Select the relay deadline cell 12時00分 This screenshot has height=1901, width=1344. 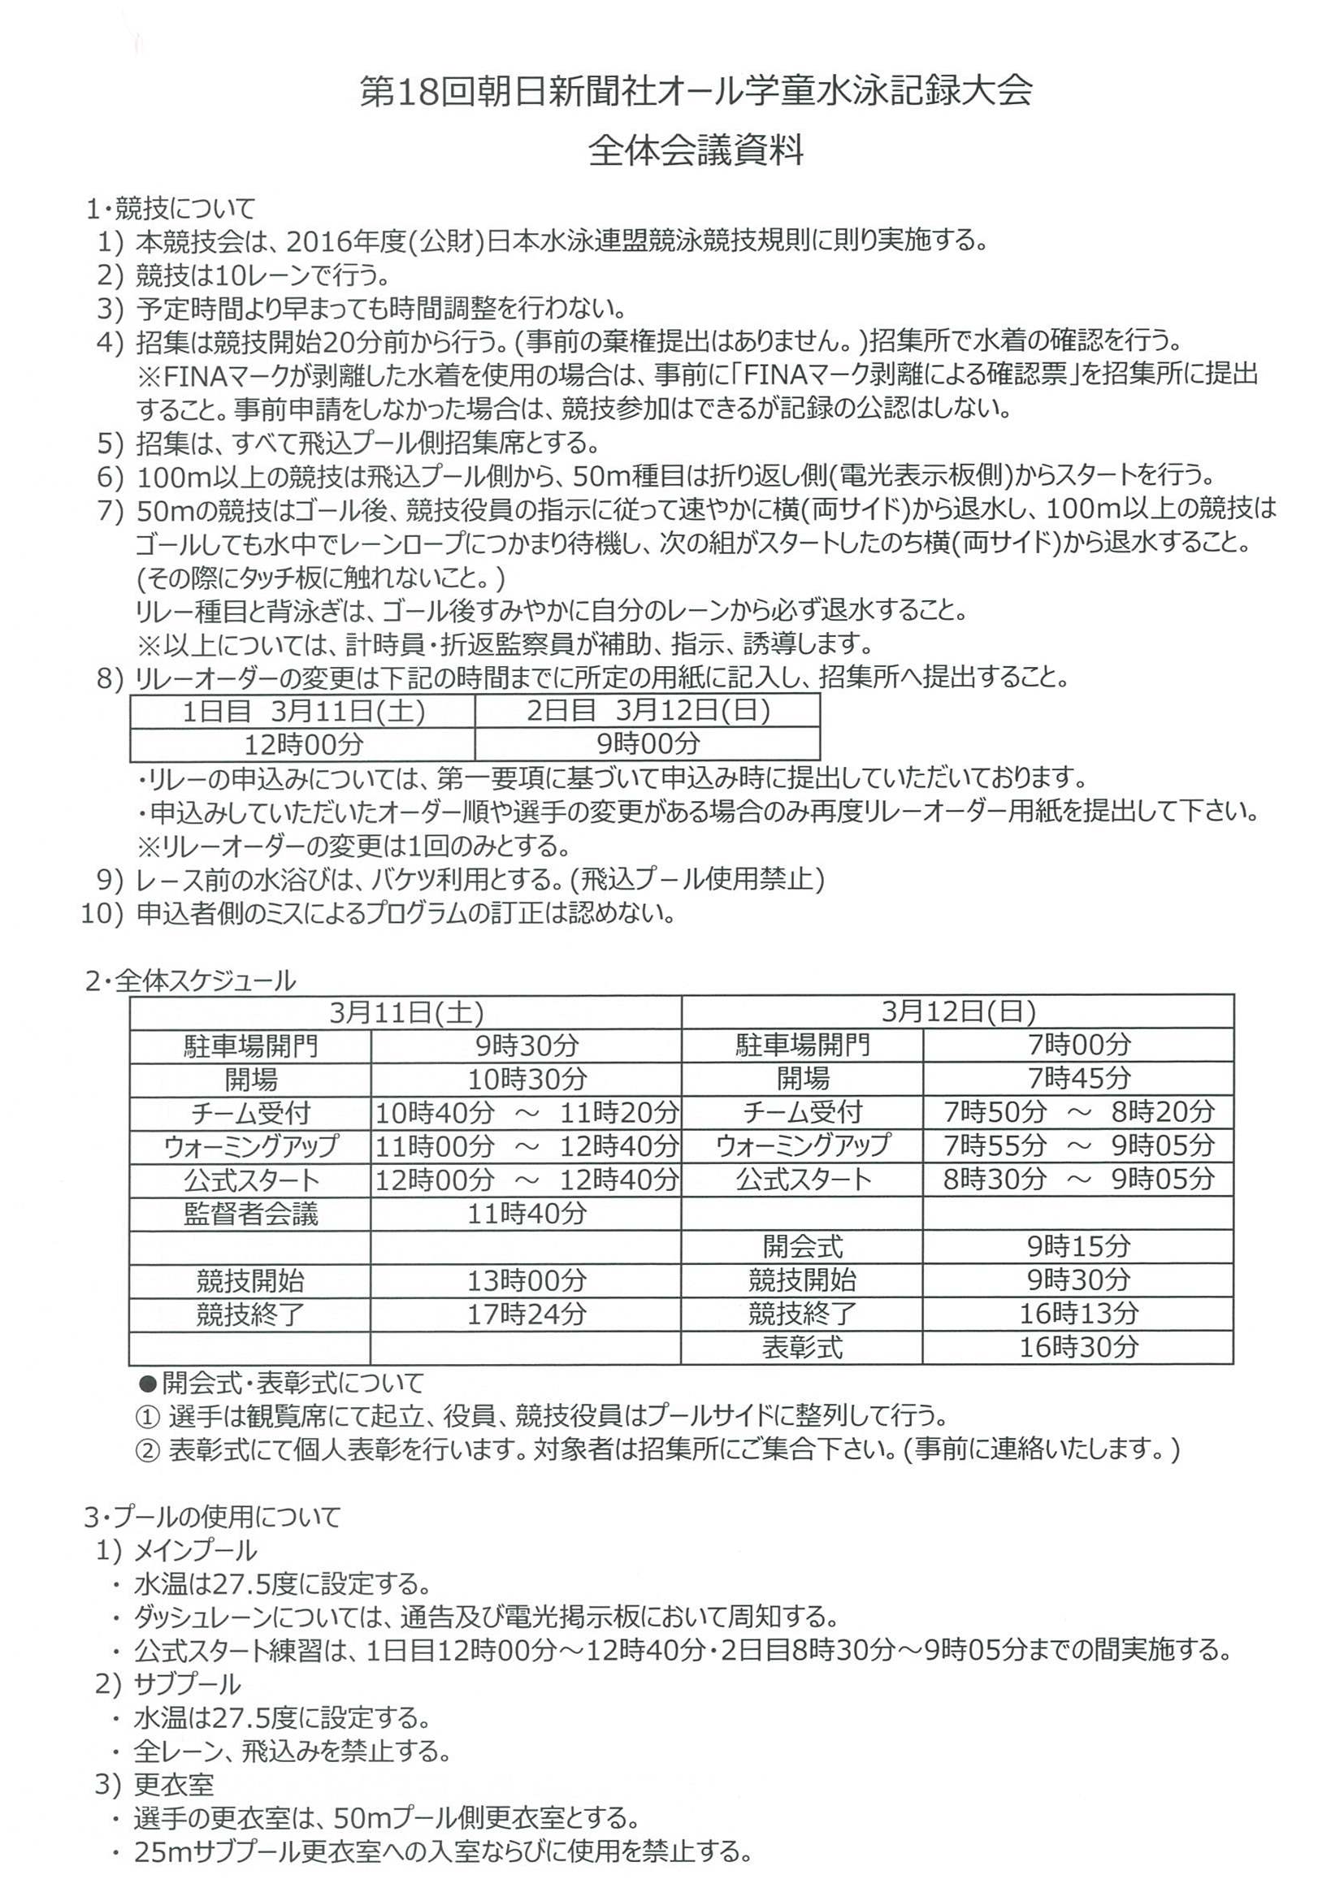click(303, 744)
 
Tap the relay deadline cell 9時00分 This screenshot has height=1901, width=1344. click(648, 743)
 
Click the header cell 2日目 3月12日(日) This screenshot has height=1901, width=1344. click(648, 710)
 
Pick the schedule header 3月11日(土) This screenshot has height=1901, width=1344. click(405, 1011)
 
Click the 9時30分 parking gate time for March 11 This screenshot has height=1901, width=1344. click(527, 1046)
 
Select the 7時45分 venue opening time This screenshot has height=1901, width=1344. click(1078, 1079)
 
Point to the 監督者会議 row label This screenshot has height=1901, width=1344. click(250, 1214)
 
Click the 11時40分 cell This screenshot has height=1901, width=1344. click(527, 1214)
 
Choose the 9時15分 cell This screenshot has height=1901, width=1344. click(1078, 1247)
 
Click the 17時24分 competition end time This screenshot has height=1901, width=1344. click(527, 1314)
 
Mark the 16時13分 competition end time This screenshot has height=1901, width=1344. click(1078, 1314)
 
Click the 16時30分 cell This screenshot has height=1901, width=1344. click(1078, 1348)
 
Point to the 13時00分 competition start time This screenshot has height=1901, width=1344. click(527, 1281)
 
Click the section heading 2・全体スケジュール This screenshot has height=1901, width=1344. click(190, 981)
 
